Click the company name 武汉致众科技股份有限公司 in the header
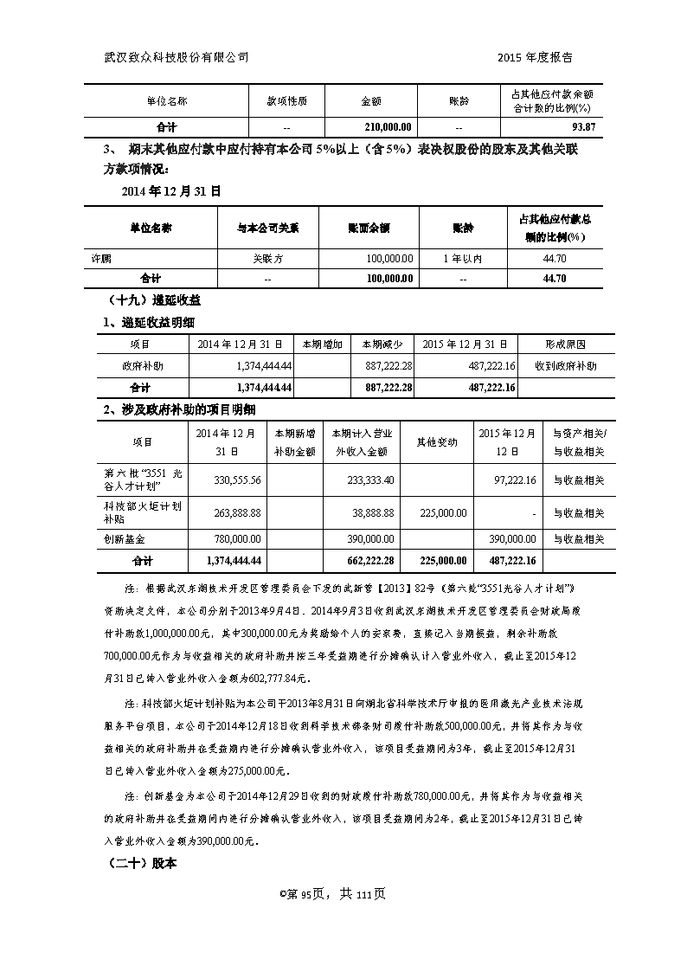176,57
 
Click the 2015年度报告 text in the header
536,57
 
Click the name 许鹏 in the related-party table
102,258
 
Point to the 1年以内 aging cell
461,258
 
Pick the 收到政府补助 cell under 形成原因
565,366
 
